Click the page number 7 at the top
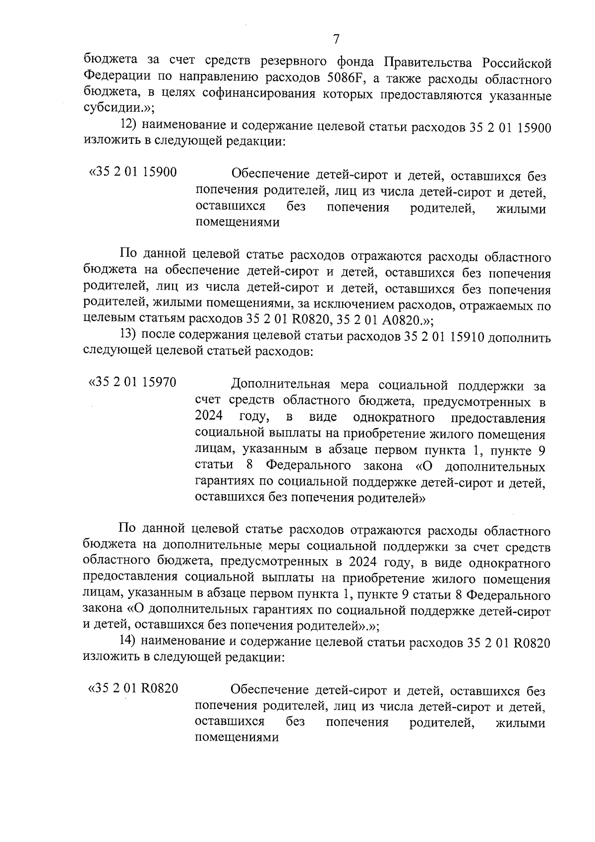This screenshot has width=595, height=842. [336, 39]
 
